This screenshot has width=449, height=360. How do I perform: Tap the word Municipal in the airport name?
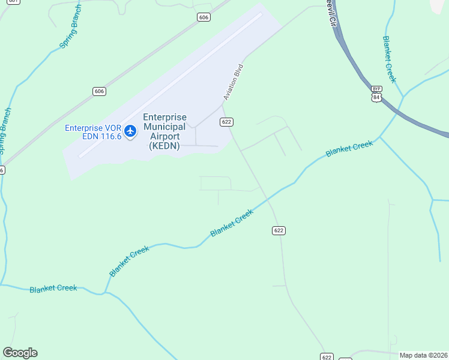(164, 127)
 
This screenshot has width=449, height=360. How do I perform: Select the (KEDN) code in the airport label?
(164, 146)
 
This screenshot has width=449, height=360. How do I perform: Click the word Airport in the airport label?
(164, 136)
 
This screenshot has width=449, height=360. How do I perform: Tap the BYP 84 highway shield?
(376, 94)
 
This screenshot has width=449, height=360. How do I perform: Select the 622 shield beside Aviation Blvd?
(226, 122)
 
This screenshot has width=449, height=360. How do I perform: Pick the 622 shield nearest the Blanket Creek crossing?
(278, 230)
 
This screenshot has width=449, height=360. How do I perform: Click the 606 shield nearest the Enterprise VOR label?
(99, 91)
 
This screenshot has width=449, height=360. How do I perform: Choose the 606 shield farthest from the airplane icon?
(203, 17)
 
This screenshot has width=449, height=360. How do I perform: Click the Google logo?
(20, 353)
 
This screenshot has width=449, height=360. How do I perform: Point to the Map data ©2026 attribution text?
(423, 355)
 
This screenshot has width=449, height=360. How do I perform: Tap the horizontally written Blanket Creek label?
(53, 288)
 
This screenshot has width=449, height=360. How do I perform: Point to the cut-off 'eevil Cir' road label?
(331, 13)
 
